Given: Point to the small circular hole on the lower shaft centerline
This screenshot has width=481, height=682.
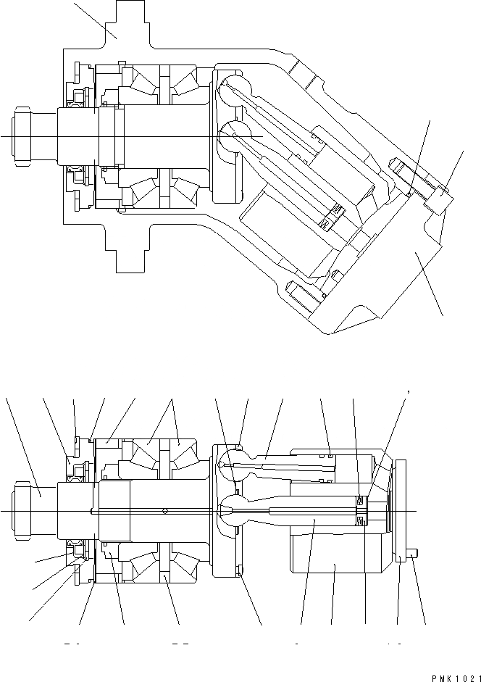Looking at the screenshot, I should click(x=166, y=510).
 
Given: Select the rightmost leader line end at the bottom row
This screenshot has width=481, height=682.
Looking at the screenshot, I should click(x=424, y=624).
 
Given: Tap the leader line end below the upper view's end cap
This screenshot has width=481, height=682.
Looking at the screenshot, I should click(x=442, y=316).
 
